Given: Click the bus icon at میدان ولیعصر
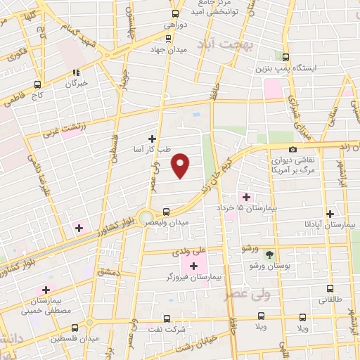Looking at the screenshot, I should point(166,212).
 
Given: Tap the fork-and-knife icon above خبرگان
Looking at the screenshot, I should point(76,72).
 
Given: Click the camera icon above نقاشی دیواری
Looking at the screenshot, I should point(292,148).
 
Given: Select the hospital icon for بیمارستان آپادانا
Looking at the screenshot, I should point(330,214).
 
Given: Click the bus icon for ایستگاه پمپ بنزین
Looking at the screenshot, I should point(285,57).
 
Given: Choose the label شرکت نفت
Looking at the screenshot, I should point(167,328).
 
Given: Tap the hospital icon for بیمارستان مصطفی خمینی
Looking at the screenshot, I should point(47,290).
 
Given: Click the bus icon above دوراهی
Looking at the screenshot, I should point(176,13).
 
